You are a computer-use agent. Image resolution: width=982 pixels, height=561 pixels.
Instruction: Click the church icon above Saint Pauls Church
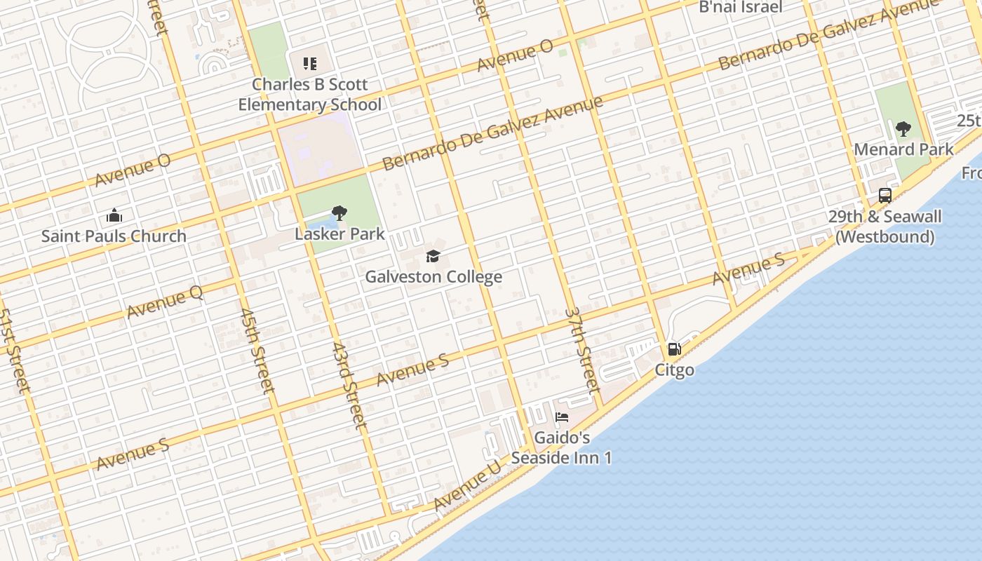[x=114, y=215]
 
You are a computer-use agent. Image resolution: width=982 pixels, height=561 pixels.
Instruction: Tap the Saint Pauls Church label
[x=114, y=236]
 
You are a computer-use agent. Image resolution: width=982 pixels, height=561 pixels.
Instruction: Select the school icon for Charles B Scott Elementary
[x=310, y=64]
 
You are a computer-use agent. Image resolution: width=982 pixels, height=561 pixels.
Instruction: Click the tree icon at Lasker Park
[x=339, y=213]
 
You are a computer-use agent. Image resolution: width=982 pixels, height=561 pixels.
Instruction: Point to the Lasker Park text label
[x=339, y=234]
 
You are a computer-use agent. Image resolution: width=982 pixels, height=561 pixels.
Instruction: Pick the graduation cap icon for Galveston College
[x=433, y=257]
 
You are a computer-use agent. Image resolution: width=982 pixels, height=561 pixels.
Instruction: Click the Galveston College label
[x=433, y=277]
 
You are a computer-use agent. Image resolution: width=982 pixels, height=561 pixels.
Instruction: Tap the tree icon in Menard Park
[x=903, y=129]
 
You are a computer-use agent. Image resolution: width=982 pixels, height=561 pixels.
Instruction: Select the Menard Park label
[x=903, y=149]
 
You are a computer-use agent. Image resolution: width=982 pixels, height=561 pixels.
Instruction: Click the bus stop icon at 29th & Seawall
[x=885, y=196]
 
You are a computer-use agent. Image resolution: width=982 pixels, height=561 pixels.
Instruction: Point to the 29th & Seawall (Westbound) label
[x=885, y=227]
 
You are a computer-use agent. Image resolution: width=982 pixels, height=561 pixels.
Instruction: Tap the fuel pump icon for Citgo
[x=674, y=349]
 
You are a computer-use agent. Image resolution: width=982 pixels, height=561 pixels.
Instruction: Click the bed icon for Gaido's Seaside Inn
[x=562, y=417]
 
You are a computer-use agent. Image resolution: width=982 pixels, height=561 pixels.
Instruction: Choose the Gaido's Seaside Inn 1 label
[x=562, y=447]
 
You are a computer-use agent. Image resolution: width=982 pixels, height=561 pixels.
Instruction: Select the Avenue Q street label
[x=165, y=302]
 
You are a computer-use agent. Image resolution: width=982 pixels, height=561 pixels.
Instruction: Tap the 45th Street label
[x=257, y=350]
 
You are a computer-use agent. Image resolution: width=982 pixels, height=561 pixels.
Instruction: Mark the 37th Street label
[x=582, y=349]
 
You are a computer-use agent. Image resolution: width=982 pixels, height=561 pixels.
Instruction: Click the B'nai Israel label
[x=740, y=8]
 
